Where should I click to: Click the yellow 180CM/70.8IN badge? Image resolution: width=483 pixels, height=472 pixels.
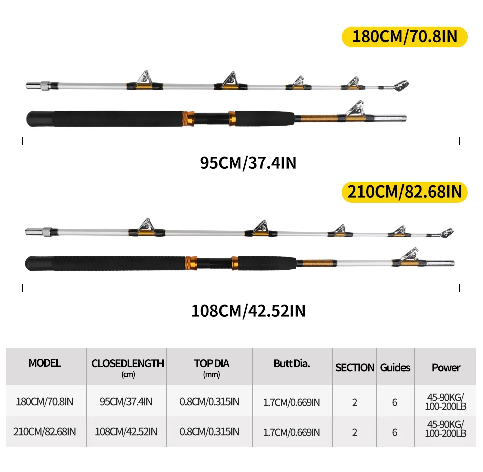405,37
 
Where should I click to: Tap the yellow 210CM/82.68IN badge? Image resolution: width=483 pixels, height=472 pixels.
405,192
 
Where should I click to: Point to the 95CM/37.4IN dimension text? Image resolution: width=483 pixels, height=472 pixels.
248,163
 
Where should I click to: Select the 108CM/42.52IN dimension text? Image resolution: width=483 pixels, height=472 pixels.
248,311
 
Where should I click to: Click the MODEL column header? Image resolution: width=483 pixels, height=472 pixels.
45,363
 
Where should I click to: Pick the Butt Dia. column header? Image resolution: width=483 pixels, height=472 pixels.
292,364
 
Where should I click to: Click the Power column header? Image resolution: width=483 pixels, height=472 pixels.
446,367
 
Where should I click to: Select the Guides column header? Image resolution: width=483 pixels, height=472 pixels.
395,367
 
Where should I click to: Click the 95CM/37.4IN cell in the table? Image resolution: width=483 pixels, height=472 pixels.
126,402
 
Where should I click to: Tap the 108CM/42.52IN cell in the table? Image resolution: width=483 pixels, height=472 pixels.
126,432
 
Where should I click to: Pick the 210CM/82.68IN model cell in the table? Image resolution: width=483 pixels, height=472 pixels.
45,432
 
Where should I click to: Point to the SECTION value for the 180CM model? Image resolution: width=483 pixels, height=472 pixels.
355,403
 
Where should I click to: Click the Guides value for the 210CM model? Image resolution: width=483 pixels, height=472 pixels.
395,433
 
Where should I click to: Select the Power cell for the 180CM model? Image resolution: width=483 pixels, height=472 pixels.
446,402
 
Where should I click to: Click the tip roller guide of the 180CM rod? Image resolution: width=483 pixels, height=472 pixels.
401,86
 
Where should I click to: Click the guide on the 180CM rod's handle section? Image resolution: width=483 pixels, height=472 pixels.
355,110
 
